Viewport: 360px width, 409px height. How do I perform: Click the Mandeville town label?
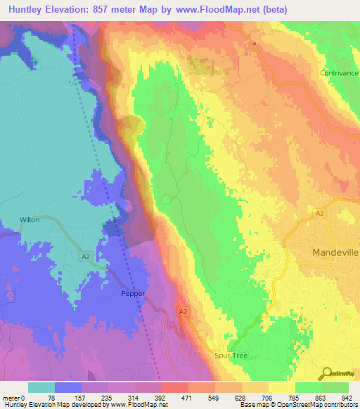(x=335, y=252)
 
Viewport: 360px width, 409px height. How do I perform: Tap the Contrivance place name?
(x=340, y=73)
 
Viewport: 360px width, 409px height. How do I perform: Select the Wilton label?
(x=30, y=220)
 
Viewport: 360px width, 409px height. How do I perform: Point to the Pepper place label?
(x=132, y=294)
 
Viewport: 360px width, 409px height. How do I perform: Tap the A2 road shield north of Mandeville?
(x=319, y=213)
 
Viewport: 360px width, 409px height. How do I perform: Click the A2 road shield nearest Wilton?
(x=85, y=257)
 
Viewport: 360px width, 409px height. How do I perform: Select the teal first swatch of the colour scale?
(x=41, y=387)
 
